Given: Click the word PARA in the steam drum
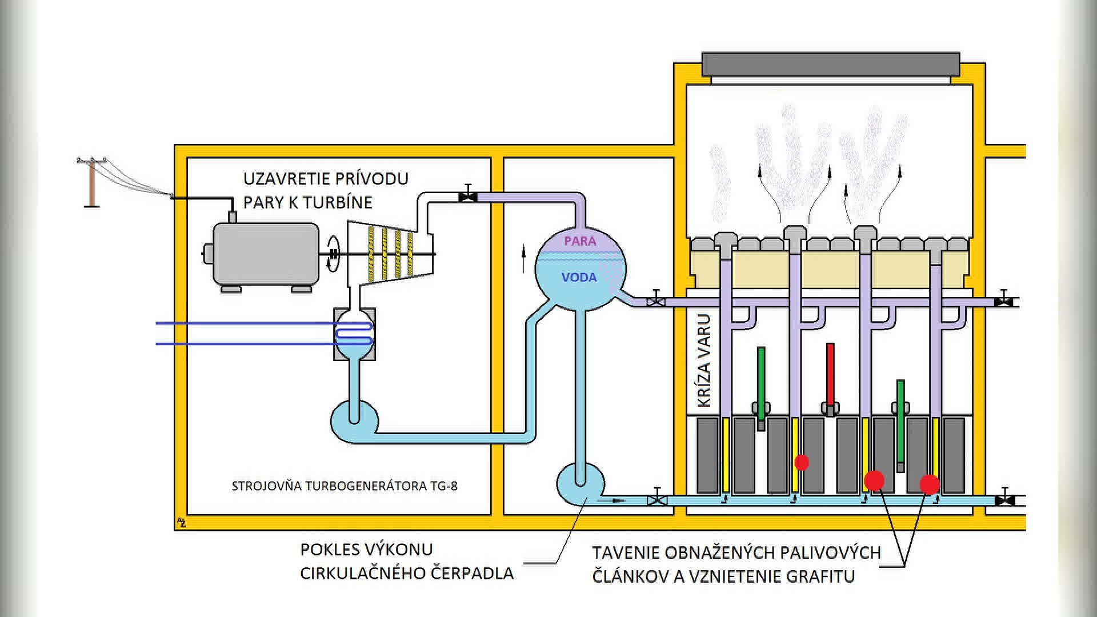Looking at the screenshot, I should click(x=580, y=241).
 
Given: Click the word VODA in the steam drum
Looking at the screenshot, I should click(x=579, y=278).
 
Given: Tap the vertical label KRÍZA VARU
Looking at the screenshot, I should click(x=704, y=360).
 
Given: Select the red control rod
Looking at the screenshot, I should click(x=830, y=374).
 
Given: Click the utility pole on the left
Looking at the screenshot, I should click(x=92, y=182).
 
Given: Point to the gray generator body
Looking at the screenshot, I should click(x=266, y=254).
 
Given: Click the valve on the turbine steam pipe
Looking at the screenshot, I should click(x=468, y=197).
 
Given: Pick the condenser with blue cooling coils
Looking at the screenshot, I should click(x=354, y=334).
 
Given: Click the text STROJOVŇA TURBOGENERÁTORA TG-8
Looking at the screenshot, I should click(x=345, y=486).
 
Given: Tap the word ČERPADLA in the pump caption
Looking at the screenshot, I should click(x=472, y=574).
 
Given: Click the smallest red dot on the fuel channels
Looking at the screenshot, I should click(x=802, y=462).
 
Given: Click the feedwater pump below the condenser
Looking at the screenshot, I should click(x=354, y=421).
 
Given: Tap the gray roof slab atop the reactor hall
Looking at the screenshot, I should click(x=830, y=65).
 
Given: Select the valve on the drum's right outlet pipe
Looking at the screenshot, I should click(x=656, y=301).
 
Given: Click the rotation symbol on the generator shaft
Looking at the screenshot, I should click(x=333, y=254).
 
